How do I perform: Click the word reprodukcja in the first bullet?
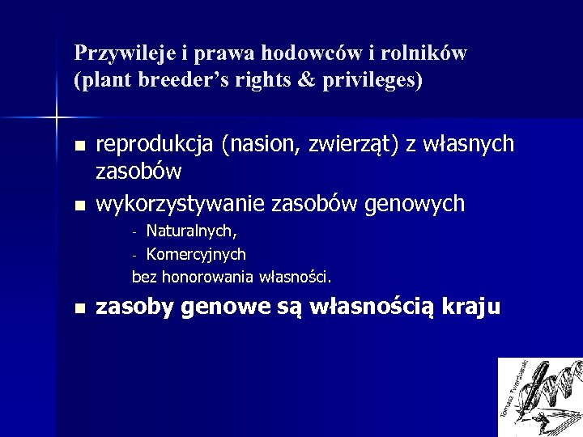pyautogui.click(x=155, y=145)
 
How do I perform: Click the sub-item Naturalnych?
pyautogui.click(x=191, y=231)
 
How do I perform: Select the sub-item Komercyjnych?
pyautogui.click(x=196, y=254)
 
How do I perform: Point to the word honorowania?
pyautogui.click(x=208, y=277)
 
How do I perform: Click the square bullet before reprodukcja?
pyautogui.click(x=79, y=146)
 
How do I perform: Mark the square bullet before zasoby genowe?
pyautogui.click(x=79, y=309)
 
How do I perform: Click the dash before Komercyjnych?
pyautogui.click(x=136, y=255)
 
